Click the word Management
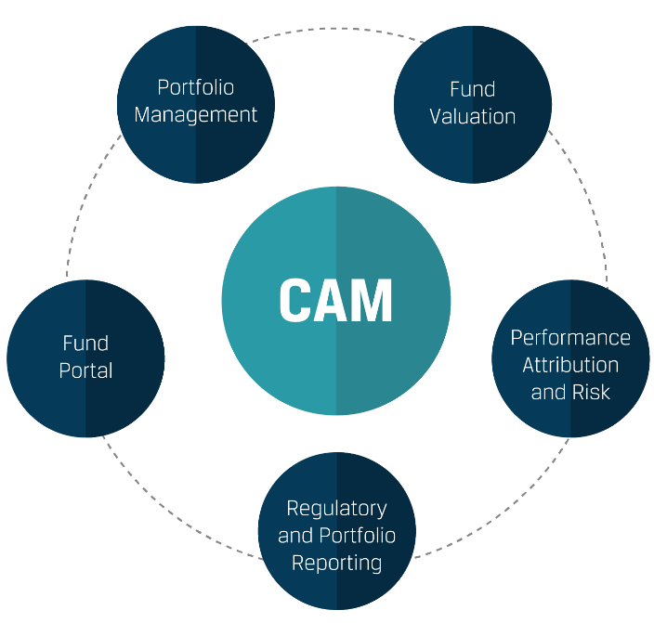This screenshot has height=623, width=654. (x=196, y=115)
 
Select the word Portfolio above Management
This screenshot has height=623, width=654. (x=195, y=87)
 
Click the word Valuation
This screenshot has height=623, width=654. (x=472, y=116)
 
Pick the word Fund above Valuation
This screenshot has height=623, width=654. (x=472, y=89)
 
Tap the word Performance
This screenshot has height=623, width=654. (x=570, y=337)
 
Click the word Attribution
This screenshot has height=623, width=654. (x=570, y=365)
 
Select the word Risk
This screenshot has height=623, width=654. (x=592, y=392)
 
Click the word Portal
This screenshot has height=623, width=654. (x=85, y=370)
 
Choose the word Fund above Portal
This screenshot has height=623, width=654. (x=85, y=344)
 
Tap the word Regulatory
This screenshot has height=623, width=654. (x=336, y=508)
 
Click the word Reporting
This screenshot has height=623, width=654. (x=336, y=563)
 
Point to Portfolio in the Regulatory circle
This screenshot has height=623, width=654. (x=357, y=536)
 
